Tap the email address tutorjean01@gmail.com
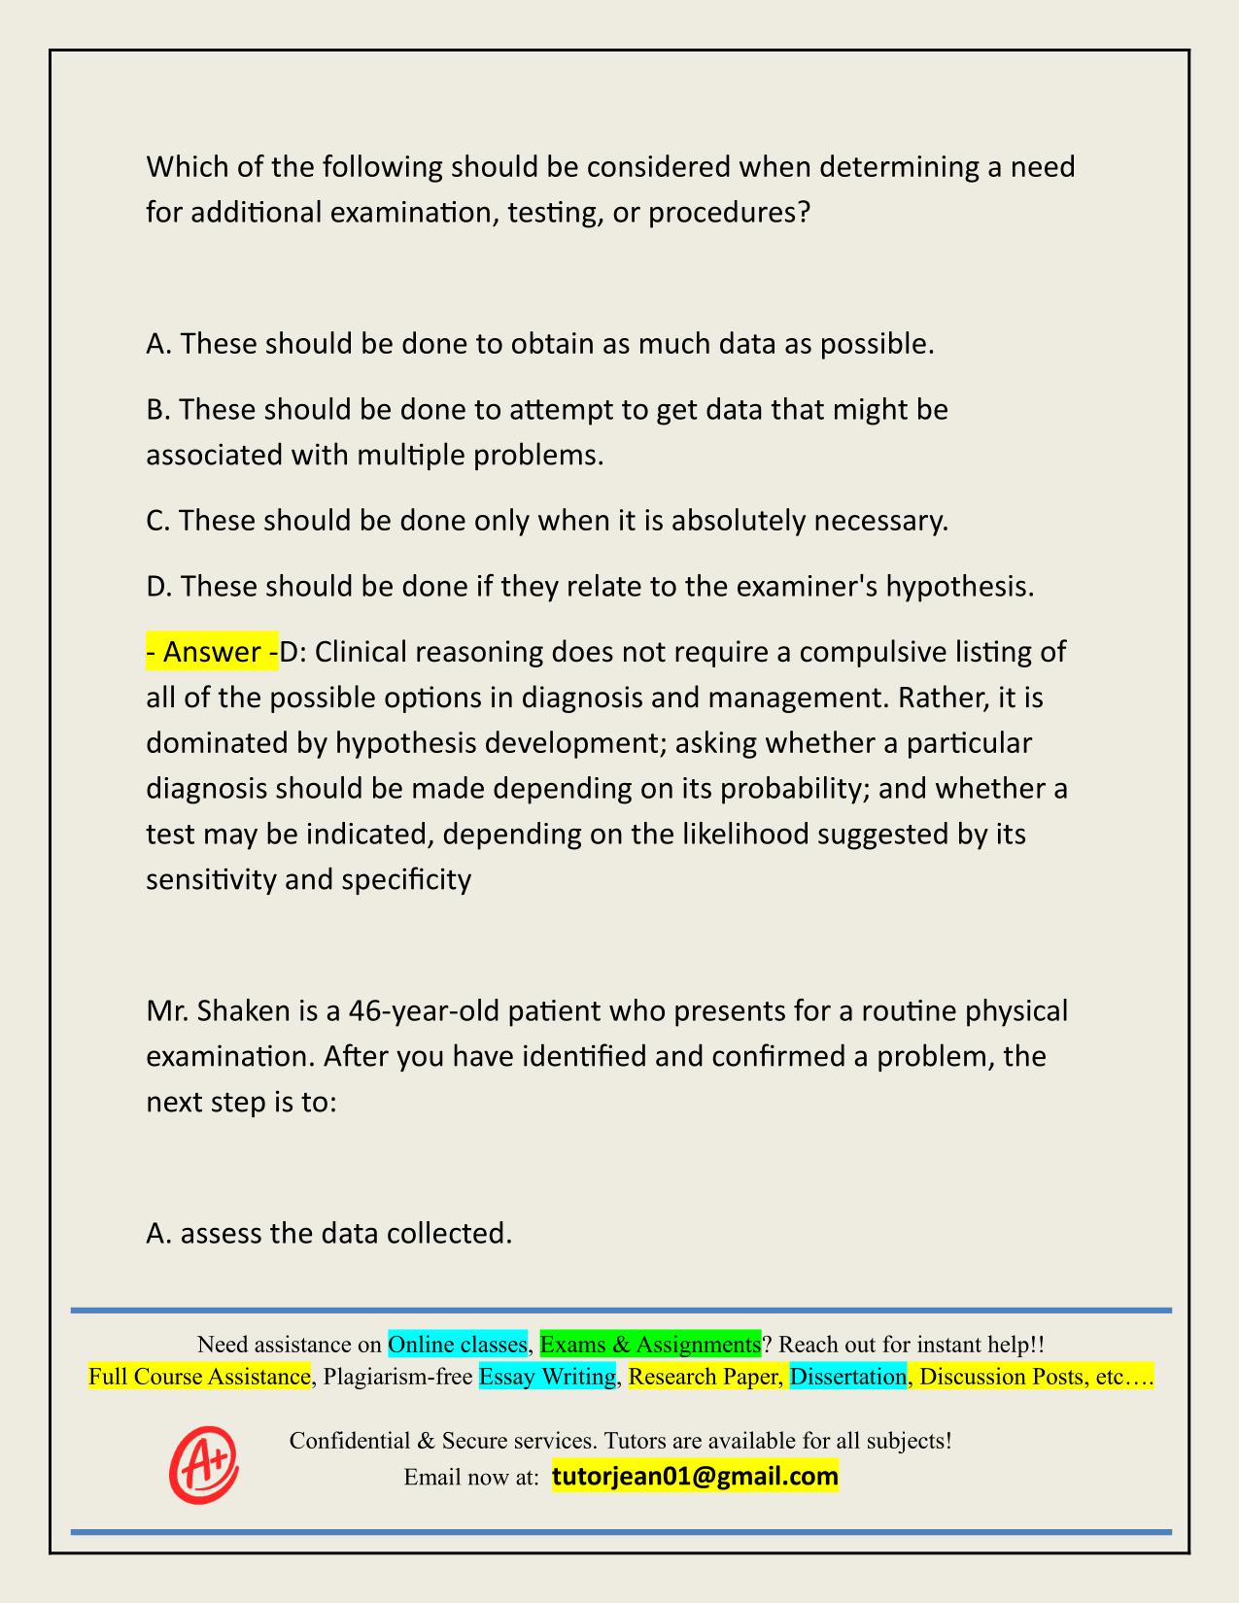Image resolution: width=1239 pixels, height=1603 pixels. click(x=695, y=1477)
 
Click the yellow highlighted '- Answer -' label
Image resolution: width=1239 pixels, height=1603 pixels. click(x=212, y=652)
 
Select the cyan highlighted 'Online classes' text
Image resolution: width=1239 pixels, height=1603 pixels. click(x=458, y=1345)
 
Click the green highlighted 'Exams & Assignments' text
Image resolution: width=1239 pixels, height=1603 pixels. click(x=650, y=1345)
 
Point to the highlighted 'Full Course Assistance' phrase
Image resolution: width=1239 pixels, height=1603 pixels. click(x=199, y=1377)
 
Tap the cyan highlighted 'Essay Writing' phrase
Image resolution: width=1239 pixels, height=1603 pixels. click(x=548, y=1377)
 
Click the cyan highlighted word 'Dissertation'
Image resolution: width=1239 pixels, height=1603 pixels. click(x=848, y=1377)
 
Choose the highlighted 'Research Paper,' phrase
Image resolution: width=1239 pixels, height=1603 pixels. click(x=706, y=1377)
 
